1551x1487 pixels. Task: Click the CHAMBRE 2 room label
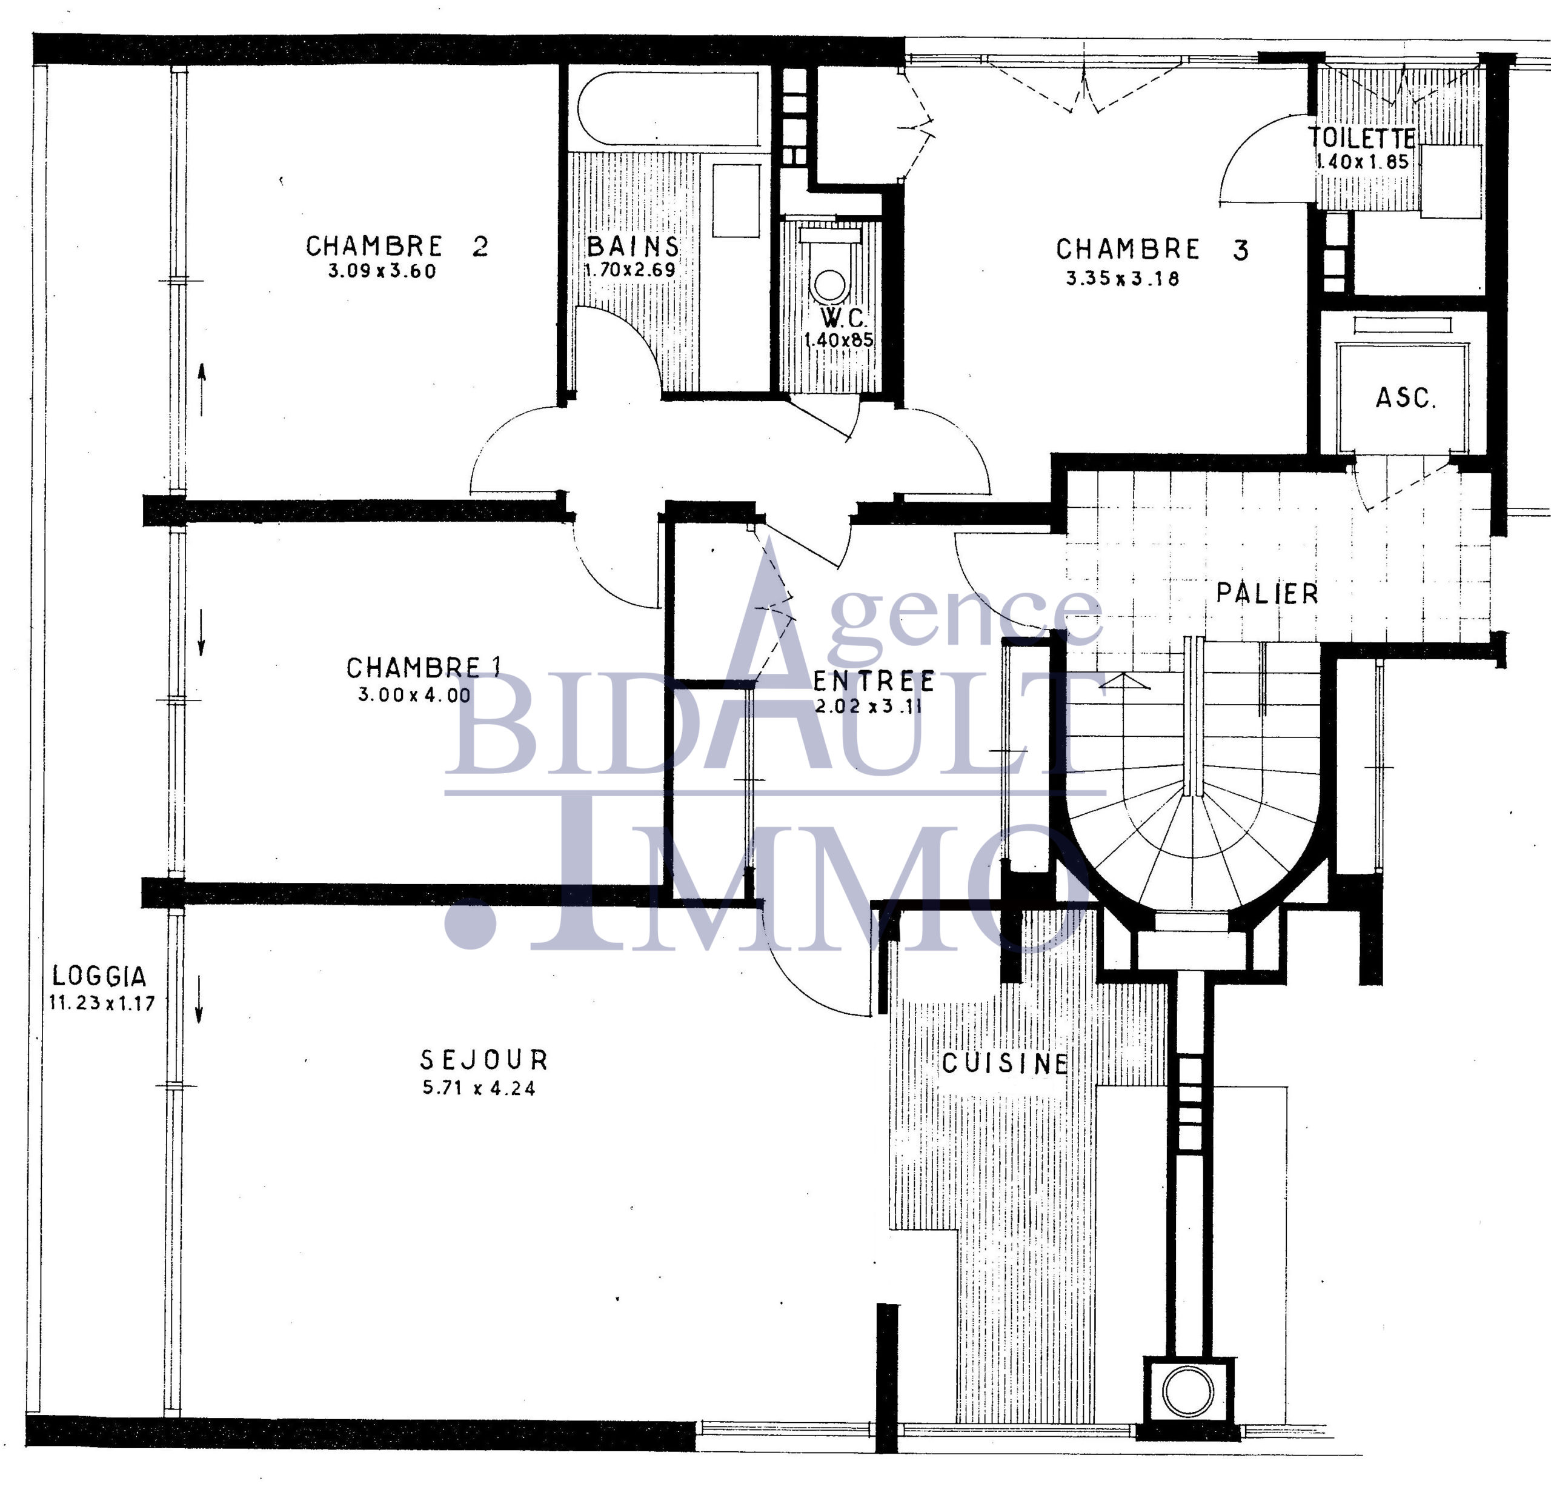pyautogui.click(x=397, y=246)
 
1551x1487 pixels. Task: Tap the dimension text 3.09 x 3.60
pyautogui.click(x=382, y=271)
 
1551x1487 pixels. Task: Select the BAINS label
pyautogui.click(x=633, y=246)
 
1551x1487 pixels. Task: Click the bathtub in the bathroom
pyautogui.click(x=669, y=108)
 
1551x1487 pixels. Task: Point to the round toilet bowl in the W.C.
pyautogui.click(x=830, y=285)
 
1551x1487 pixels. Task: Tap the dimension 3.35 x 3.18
pyautogui.click(x=1122, y=279)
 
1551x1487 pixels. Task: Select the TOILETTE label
pyautogui.click(x=1361, y=139)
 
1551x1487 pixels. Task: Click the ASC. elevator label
pyautogui.click(x=1406, y=398)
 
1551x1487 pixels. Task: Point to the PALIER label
pyautogui.click(x=1267, y=594)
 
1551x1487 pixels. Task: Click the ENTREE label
pyautogui.click(x=874, y=681)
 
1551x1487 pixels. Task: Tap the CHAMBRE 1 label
pyautogui.click(x=423, y=668)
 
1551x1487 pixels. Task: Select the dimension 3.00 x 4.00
pyautogui.click(x=414, y=696)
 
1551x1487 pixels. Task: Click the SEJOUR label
pyautogui.click(x=483, y=1060)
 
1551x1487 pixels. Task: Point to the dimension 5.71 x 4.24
pyautogui.click(x=479, y=1089)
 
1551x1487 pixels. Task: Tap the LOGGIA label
pyautogui.click(x=100, y=977)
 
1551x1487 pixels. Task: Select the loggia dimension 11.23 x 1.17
pyautogui.click(x=102, y=1003)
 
